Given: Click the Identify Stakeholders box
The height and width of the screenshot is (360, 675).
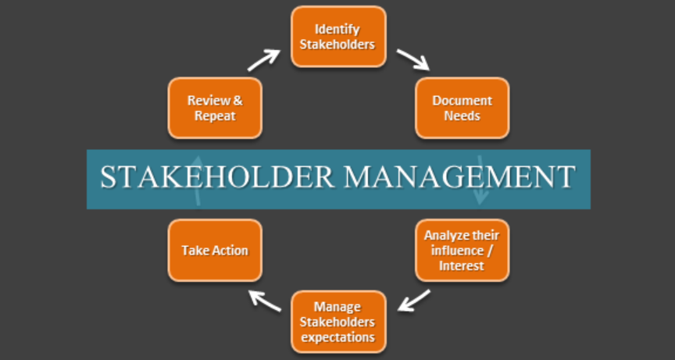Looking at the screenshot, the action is [x=337, y=37].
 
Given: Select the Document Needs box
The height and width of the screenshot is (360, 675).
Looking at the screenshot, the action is [x=462, y=108].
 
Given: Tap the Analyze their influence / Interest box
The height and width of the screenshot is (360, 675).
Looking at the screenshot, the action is [x=462, y=250].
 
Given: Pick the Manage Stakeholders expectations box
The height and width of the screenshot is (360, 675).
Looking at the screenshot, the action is [x=337, y=321].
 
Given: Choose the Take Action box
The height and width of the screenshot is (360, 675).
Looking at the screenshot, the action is [x=214, y=251].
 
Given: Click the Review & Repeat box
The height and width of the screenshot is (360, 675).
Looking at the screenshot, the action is [x=214, y=108].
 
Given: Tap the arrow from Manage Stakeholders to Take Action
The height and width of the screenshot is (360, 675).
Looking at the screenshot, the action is [x=265, y=300].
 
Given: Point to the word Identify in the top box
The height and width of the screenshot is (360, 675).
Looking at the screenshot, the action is [x=337, y=30].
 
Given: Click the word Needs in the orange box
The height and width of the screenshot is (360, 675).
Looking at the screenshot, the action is [x=462, y=116].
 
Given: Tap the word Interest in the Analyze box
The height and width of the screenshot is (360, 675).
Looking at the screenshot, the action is [x=462, y=266].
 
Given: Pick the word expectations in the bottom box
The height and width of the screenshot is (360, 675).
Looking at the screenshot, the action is [x=337, y=337].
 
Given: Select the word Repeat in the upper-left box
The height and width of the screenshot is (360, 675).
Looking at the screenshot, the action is [x=214, y=116].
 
